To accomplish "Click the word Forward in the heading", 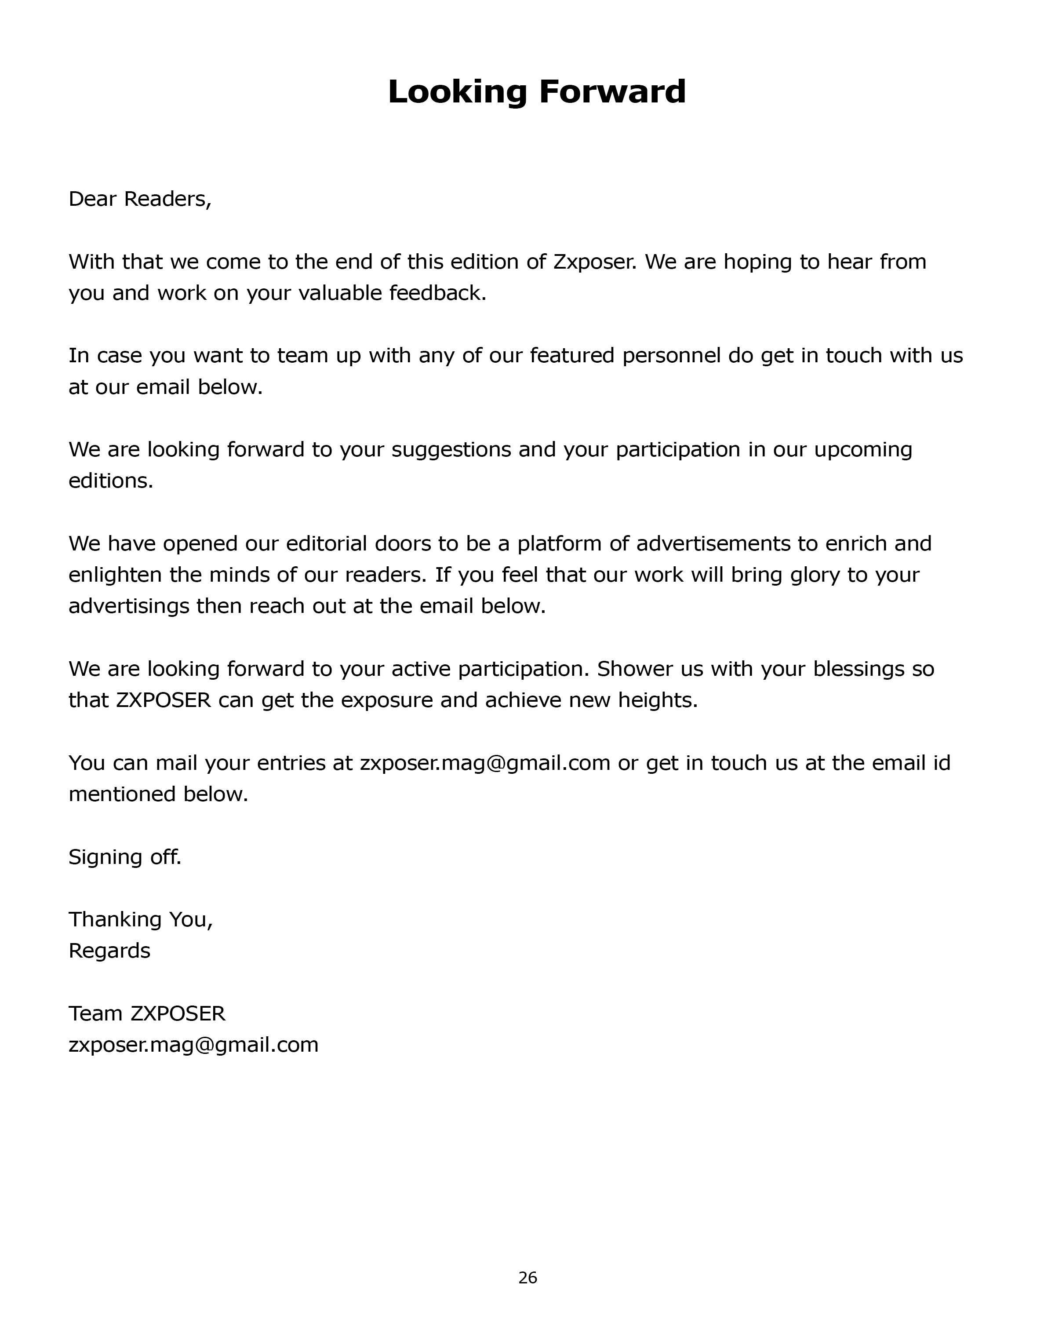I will [612, 92].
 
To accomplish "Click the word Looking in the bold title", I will [457, 92].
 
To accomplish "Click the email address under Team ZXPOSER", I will [193, 1045].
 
